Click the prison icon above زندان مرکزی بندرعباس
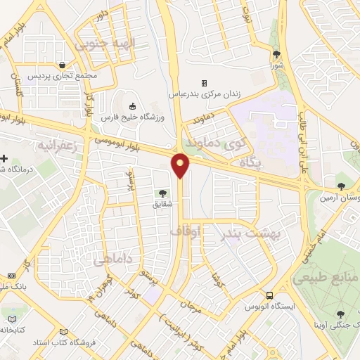(x=204, y=83)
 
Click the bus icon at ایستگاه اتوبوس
(x=270, y=295)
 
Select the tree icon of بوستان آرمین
(x=341, y=187)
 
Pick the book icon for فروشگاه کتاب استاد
(x=65, y=332)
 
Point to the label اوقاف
(x=185, y=230)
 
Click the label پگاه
(x=251, y=162)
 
